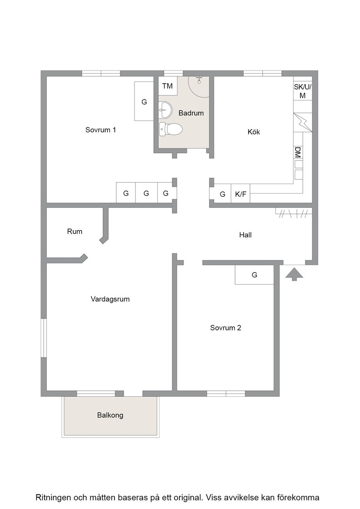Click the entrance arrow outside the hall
tap(294, 274)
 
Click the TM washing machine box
tap(168, 86)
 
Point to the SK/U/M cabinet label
tap(303, 91)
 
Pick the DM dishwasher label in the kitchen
tap(298, 152)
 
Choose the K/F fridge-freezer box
tap(240, 194)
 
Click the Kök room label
tap(254, 132)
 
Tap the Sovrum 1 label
tap(100, 130)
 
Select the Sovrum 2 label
tap(225, 328)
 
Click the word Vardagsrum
tap(110, 299)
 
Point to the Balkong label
tap(110, 415)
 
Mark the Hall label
tap(245, 235)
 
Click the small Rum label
tap(75, 231)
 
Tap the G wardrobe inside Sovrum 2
tap(255, 275)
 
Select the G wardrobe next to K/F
tap(222, 194)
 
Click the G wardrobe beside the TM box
tap(144, 102)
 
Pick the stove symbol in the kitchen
tap(303, 122)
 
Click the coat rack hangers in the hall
tap(294, 213)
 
